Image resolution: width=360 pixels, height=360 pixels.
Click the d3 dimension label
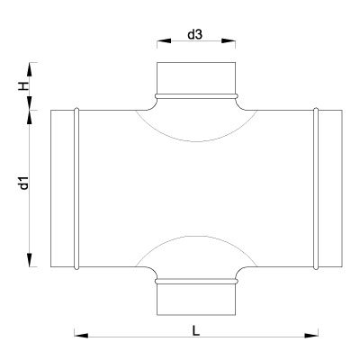[x=195, y=35]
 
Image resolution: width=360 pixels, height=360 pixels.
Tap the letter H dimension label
[x=23, y=86]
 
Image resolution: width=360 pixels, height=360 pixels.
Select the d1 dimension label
[x=23, y=183]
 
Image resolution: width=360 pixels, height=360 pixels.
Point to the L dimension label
[x=195, y=331]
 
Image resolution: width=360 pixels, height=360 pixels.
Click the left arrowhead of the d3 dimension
[x=164, y=40]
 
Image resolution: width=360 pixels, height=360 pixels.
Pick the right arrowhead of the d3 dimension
[x=229, y=40]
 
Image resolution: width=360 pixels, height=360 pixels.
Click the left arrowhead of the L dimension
[x=81, y=336]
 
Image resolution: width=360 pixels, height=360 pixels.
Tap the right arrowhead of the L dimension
[x=311, y=336]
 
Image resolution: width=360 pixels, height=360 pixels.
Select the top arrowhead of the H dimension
[x=30, y=69]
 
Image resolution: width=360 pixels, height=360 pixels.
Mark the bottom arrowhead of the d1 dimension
[x=30, y=259]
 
